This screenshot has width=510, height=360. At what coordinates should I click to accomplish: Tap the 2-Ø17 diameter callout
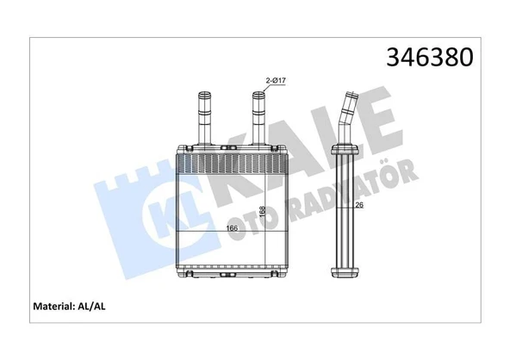click(x=276, y=81)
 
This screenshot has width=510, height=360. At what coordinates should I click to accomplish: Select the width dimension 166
click(x=232, y=228)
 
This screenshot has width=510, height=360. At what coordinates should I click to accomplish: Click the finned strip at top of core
click(x=232, y=162)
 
